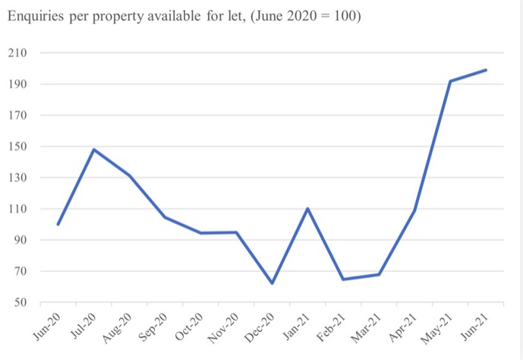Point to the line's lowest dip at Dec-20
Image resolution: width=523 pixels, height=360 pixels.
click(272, 283)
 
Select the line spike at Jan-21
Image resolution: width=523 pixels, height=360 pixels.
click(307, 208)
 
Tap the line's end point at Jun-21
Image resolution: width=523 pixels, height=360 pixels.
click(486, 70)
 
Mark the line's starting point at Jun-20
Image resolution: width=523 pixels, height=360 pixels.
click(58, 224)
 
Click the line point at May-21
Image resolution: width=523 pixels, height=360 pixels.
click(450, 81)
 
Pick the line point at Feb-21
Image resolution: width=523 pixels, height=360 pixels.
click(343, 279)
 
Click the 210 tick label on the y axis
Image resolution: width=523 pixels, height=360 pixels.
click(18, 53)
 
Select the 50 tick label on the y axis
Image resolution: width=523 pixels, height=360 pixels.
click(21, 303)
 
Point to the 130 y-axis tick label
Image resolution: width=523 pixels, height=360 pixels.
click(18, 178)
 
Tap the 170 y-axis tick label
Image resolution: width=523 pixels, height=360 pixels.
click(18, 115)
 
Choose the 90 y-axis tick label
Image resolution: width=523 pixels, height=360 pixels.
click(21, 241)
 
